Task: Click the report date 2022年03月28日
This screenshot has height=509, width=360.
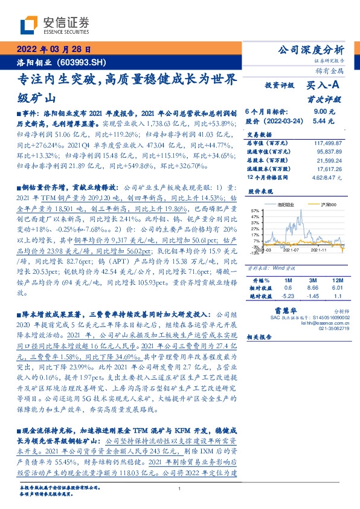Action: point(53,50)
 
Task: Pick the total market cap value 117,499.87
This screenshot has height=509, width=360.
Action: point(327,143)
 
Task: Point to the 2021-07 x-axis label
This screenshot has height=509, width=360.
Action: point(291,250)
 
